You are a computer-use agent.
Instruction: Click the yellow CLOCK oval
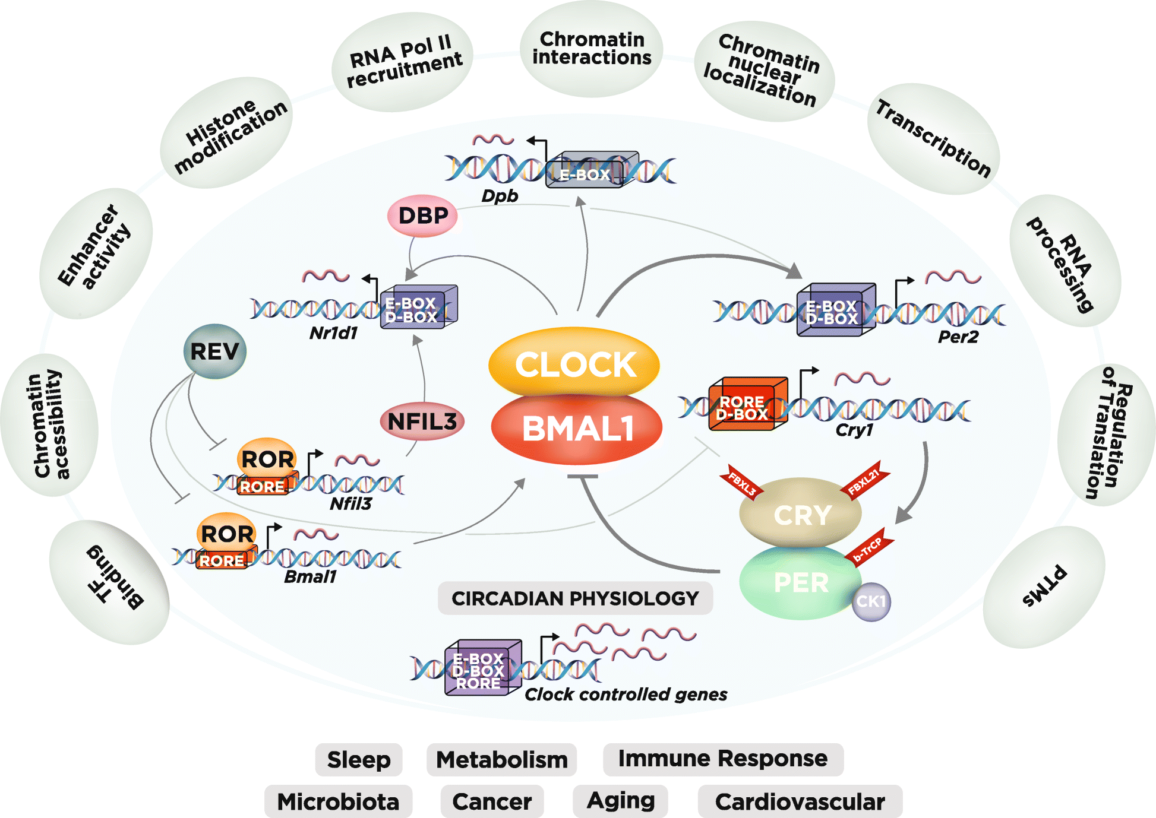click(574, 363)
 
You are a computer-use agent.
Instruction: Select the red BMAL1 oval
click(577, 429)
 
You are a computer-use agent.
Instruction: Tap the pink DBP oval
click(422, 215)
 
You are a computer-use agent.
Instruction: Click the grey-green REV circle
click(214, 351)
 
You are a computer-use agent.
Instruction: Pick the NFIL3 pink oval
click(422, 421)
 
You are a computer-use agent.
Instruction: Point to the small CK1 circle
click(871, 601)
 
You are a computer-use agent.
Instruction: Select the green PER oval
click(800, 583)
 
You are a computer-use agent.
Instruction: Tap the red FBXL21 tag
click(864, 481)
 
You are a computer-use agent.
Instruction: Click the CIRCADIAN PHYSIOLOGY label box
click(575, 598)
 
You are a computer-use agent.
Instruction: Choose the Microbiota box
click(338, 801)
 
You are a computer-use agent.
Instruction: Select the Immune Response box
click(722, 759)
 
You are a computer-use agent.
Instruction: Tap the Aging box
click(620, 800)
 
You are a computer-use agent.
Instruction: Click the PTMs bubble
click(1044, 586)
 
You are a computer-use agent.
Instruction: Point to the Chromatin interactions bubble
click(592, 49)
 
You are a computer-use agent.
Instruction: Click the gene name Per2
click(958, 337)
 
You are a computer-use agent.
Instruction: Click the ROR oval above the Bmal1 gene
click(227, 533)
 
